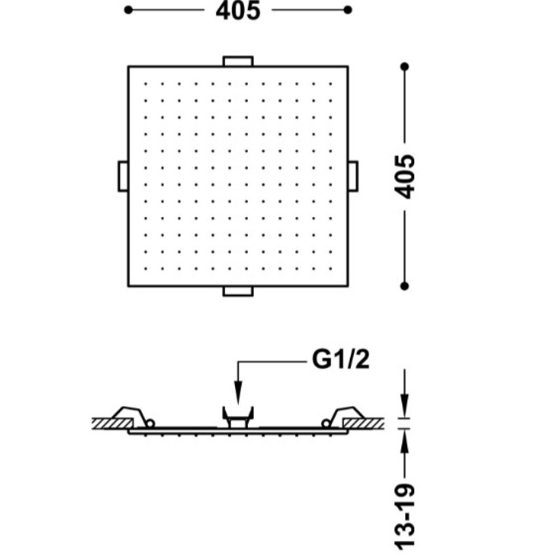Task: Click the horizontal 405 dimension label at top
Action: pos(238,10)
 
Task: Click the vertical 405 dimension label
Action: pos(405,176)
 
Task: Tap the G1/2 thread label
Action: pos(341,359)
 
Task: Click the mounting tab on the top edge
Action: pos(238,61)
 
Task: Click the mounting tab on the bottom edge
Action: pos(238,291)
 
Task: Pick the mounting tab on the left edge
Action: pos(123,176)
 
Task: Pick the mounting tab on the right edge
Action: pos(353,176)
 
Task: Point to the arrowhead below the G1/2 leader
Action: pos(238,392)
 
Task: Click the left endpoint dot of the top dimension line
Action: pos(128,10)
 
